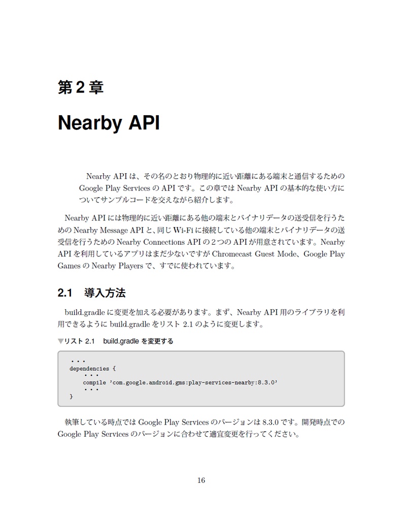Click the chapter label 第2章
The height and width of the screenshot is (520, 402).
click(81, 87)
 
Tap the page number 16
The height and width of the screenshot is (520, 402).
click(201, 480)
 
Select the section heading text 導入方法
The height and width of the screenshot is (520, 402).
click(105, 293)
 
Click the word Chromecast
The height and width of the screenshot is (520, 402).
click(236, 254)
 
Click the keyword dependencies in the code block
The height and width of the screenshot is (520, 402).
click(89, 369)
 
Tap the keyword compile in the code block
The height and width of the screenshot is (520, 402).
click(94, 382)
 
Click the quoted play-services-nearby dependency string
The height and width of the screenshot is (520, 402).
click(193, 382)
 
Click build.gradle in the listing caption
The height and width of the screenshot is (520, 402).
click(122, 341)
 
